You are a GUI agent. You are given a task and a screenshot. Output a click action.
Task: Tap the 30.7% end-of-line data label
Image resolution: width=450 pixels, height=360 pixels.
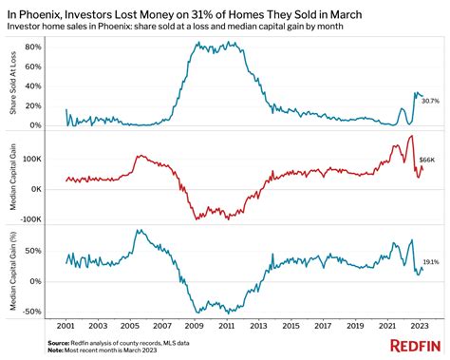pos(428,100)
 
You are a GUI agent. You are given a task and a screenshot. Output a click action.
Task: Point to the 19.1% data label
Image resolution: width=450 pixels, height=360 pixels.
pos(429,261)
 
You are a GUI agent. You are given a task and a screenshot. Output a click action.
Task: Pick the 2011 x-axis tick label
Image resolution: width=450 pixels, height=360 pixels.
pos(227,324)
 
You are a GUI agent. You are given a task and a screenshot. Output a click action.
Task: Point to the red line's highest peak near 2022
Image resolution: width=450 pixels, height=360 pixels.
pos(410,137)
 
